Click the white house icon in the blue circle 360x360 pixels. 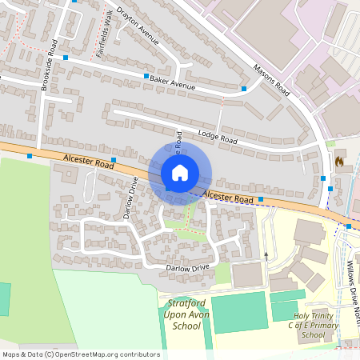coord(180,172)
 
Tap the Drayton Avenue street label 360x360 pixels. coord(138,26)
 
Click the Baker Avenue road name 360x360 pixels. coord(173,82)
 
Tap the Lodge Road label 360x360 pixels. coord(219,138)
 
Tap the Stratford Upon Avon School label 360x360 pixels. coord(186,315)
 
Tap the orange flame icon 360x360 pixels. coord(339,161)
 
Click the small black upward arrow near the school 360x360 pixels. coord(266,256)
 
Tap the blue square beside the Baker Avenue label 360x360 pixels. coord(146,76)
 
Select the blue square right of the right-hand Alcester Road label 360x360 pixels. coord(261,198)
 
